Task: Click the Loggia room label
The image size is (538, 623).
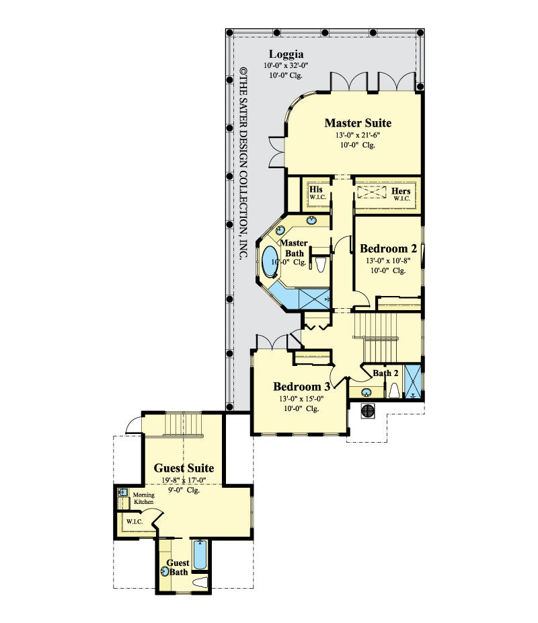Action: pyautogui.click(x=286, y=54)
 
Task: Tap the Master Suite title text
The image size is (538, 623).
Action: pyautogui.click(x=357, y=122)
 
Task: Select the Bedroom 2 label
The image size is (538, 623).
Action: pyautogui.click(x=388, y=248)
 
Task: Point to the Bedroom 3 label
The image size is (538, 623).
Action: pyautogui.click(x=302, y=387)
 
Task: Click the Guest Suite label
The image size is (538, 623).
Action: pyautogui.click(x=184, y=468)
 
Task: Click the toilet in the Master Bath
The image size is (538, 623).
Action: pyautogui.click(x=321, y=264)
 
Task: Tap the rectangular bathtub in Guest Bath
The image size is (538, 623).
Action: pyautogui.click(x=200, y=555)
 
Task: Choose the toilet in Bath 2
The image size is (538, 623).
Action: pyautogui.click(x=395, y=391)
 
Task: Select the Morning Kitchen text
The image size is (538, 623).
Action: pyautogui.click(x=143, y=499)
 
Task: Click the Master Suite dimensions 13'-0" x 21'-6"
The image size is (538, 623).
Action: pyautogui.click(x=357, y=135)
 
